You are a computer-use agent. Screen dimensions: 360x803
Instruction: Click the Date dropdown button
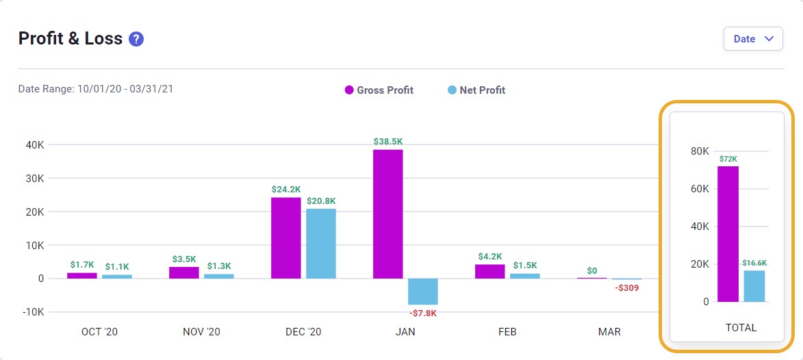(x=752, y=39)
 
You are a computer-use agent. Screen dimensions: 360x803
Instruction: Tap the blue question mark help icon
(x=136, y=39)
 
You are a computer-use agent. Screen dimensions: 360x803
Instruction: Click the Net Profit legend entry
(x=476, y=90)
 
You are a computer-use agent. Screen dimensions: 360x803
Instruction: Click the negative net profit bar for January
(x=422, y=292)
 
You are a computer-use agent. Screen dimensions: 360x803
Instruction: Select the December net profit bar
(x=320, y=244)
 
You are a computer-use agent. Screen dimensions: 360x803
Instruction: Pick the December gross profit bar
(x=285, y=237)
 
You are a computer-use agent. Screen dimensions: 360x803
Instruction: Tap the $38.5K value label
(x=387, y=142)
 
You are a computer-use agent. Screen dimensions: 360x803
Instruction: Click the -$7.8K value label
(x=422, y=313)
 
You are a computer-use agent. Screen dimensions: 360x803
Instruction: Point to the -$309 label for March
(x=626, y=288)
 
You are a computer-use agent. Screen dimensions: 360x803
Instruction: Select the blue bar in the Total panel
(x=754, y=286)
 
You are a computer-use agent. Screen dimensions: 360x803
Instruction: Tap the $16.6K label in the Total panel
(x=754, y=263)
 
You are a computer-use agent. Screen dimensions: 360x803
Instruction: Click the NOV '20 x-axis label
(x=201, y=332)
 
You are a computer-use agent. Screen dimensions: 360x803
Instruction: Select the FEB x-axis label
(x=507, y=332)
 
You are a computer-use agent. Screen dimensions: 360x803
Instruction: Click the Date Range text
(x=95, y=89)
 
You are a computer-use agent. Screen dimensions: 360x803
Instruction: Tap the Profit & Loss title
(x=71, y=39)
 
